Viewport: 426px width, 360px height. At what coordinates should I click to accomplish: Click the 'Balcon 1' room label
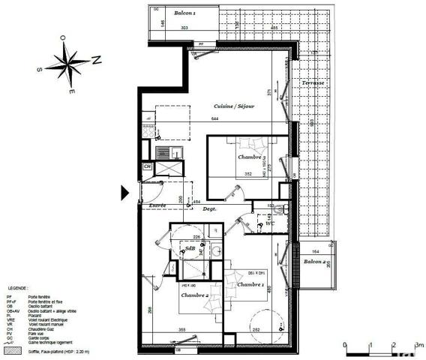point(184,13)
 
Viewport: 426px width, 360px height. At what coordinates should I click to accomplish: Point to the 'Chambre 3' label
point(250,157)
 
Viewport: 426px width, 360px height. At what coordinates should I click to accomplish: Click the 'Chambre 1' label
point(250,285)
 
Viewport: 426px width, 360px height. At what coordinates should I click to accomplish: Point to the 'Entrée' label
point(157,204)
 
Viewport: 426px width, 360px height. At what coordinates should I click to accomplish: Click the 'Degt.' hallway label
point(209,209)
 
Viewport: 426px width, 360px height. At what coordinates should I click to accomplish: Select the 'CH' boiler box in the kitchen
point(148,166)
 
